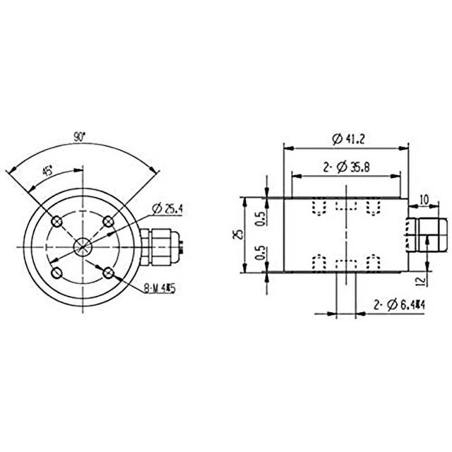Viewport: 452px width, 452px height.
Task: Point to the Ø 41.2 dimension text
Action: point(347,139)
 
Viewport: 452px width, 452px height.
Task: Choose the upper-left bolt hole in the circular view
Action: point(57,221)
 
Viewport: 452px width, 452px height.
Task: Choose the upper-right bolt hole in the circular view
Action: point(107,221)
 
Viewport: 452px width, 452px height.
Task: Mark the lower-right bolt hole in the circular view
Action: point(107,271)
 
